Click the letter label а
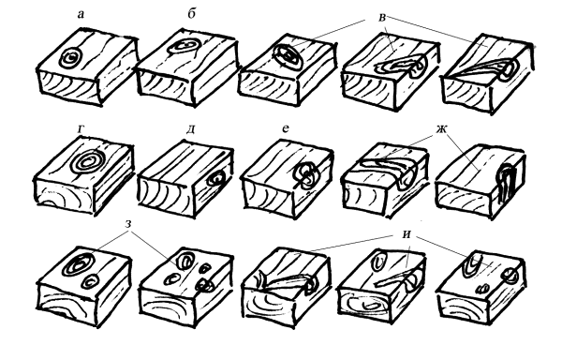81,15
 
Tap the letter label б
192,14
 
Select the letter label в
382,18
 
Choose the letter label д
191,129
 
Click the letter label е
286,128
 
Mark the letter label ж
442,128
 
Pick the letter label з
128,224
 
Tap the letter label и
407,234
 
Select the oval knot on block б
184,47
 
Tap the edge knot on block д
217,178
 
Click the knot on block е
305,175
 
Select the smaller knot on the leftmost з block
91,282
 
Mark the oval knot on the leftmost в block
288,56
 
